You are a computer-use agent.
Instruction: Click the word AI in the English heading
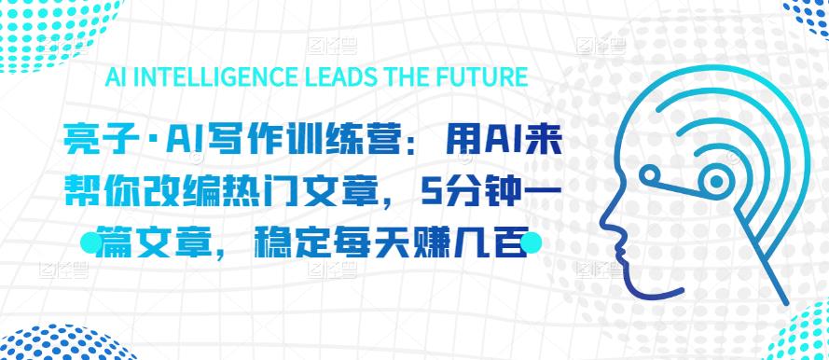tap(119, 76)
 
